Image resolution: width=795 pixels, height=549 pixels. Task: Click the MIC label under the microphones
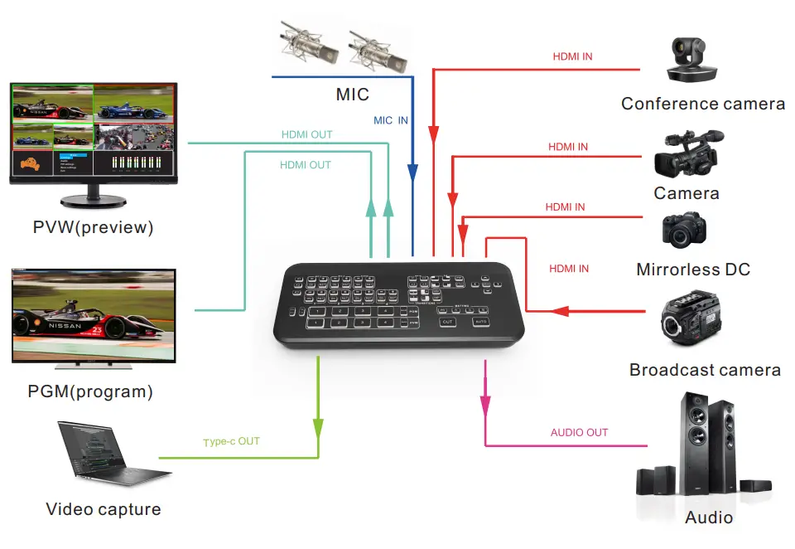[x=352, y=94]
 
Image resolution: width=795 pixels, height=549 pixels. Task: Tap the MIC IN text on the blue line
[x=390, y=120]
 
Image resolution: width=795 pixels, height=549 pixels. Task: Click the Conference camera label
[x=702, y=104]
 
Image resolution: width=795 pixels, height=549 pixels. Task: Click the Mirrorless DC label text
[x=693, y=270]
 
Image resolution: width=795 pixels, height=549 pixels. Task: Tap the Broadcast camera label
[x=705, y=370]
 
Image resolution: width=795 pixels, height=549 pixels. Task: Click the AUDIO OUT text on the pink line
[x=579, y=432]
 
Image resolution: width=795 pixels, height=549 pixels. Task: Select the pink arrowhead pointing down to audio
[x=484, y=406]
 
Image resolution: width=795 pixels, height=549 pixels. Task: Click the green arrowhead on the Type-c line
[x=318, y=427]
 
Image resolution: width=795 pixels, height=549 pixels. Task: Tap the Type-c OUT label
[x=231, y=442]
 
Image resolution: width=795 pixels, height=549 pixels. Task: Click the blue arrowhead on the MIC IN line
[x=412, y=173]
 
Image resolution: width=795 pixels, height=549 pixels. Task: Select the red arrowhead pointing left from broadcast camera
[x=561, y=311]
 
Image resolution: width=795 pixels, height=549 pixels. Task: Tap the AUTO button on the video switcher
[x=481, y=321]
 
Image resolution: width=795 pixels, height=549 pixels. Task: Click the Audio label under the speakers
[x=709, y=517]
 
